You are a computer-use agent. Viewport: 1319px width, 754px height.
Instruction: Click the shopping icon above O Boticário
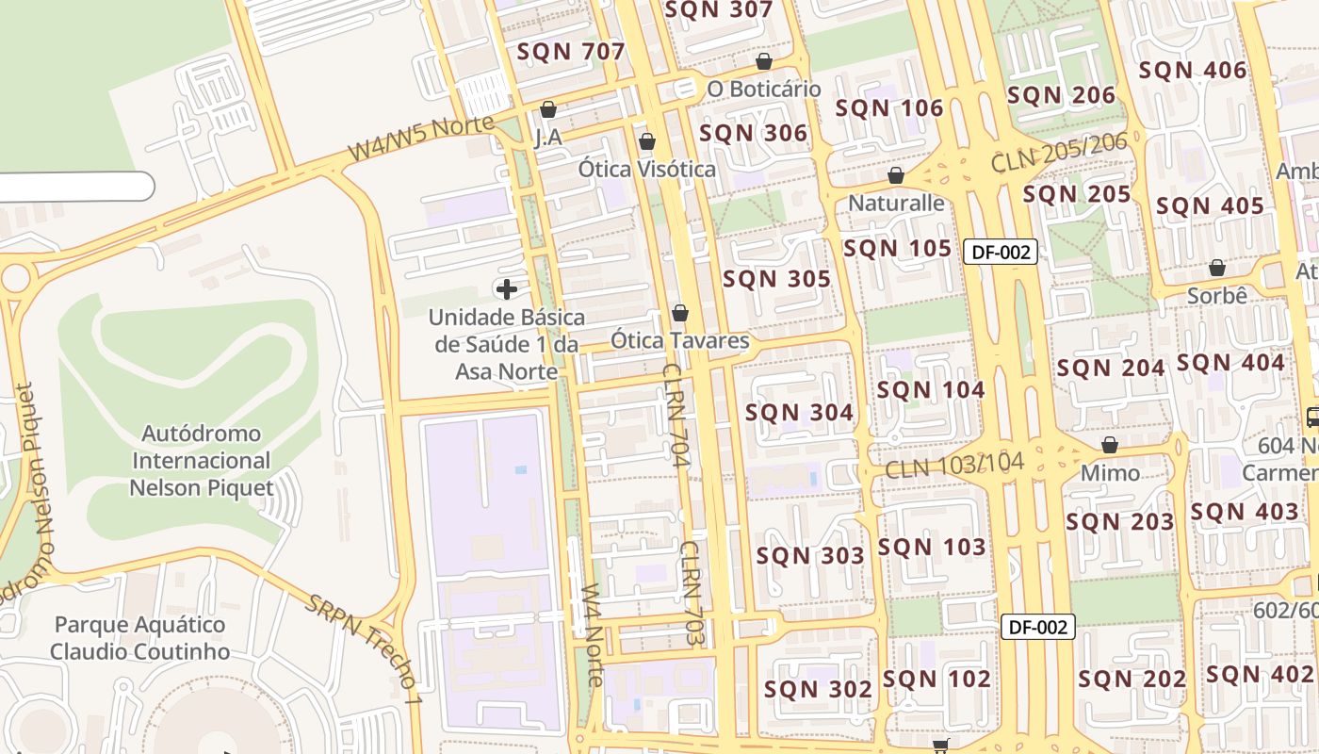click(764, 61)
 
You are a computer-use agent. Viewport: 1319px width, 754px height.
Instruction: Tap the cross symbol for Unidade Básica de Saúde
click(507, 288)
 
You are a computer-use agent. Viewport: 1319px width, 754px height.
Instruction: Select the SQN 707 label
click(571, 52)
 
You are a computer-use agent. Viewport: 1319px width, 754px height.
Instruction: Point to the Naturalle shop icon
click(896, 175)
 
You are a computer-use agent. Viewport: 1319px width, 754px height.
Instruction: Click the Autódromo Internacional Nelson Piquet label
click(202, 461)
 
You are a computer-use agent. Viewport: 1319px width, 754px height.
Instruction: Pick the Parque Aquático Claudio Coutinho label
click(140, 638)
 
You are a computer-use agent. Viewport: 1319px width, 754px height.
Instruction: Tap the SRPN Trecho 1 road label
click(364, 650)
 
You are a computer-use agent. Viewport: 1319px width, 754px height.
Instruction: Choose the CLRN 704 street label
click(675, 416)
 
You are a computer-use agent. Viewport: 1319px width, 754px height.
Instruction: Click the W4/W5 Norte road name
click(421, 138)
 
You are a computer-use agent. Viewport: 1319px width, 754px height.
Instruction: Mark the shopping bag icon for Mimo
click(1110, 445)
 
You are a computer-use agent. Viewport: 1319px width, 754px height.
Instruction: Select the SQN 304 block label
click(799, 413)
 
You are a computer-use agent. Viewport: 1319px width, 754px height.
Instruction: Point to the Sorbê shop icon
click(1217, 268)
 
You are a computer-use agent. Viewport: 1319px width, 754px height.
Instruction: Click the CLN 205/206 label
click(1059, 153)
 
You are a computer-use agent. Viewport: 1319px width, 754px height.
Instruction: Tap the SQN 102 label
click(936, 679)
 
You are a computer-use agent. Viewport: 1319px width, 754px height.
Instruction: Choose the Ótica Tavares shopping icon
click(680, 313)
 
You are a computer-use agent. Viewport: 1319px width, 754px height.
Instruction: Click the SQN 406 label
click(1193, 71)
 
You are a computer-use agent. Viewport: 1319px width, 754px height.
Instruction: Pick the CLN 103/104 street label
click(953, 465)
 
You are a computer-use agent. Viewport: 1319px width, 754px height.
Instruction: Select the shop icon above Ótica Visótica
click(647, 141)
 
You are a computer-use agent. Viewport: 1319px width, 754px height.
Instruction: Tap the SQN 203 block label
click(1120, 522)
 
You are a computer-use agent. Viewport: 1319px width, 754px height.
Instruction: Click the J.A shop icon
click(548, 109)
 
